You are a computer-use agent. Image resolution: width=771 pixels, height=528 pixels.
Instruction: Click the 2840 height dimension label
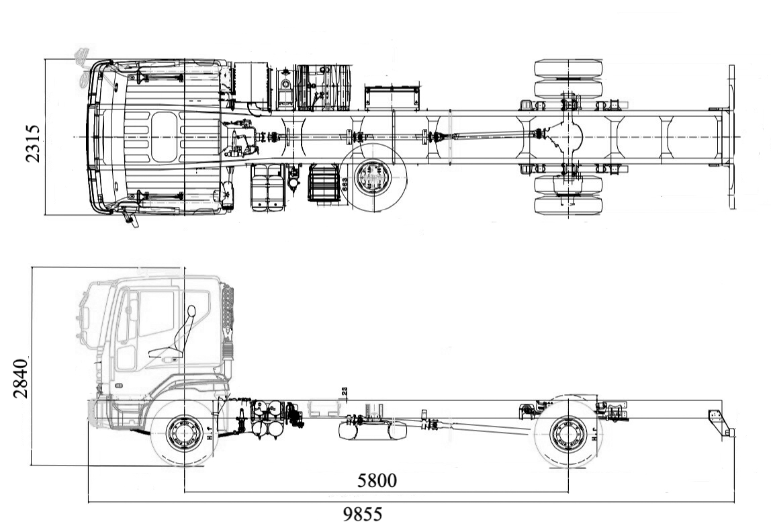21,378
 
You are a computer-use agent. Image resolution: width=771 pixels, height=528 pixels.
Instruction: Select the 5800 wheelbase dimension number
377,480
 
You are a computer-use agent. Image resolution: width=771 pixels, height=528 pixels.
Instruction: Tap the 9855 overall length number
363,515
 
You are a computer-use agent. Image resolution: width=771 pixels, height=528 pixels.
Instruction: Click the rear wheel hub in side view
568,434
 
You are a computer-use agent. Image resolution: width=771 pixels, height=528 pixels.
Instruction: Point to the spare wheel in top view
372,179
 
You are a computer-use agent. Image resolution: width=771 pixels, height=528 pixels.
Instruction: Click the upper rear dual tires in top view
568,79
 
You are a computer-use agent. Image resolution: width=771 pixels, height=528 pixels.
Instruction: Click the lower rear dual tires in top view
568,195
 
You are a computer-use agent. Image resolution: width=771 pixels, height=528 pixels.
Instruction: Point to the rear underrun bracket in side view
719,421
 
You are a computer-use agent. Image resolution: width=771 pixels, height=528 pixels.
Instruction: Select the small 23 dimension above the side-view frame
345,392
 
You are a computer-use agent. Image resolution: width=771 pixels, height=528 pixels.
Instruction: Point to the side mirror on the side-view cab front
83,316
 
